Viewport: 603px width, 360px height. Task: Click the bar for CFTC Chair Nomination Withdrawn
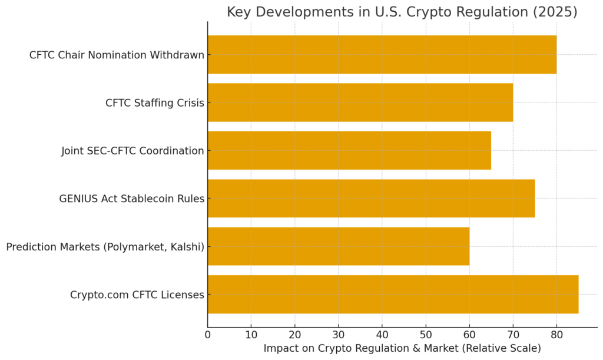click(x=382, y=55)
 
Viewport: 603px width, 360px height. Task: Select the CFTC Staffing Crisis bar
click(x=360, y=103)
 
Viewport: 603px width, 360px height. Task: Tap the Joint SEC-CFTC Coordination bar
click(x=349, y=150)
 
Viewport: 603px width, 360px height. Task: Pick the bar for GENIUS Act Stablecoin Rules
click(x=371, y=199)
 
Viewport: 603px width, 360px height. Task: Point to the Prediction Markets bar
click(x=338, y=246)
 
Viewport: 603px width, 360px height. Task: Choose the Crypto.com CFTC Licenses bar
click(x=393, y=294)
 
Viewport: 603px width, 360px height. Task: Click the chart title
click(x=402, y=12)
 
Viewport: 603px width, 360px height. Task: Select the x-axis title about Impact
click(x=402, y=348)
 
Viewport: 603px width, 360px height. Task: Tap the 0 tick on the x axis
click(x=208, y=335)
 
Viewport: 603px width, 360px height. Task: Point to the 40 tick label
click(x=382, y=335)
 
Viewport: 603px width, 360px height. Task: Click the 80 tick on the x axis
click(x=556, y=335)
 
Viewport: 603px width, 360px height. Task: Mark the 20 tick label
click(x=295, y=335)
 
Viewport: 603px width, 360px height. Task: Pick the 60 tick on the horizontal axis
click(x=469, y=335)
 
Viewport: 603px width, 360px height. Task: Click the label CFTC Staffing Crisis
click(x=155, y=103)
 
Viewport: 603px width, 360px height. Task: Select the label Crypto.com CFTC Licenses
click(x=137, y=295)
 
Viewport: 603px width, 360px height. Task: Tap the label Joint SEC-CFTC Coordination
click(x=132, y=151)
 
